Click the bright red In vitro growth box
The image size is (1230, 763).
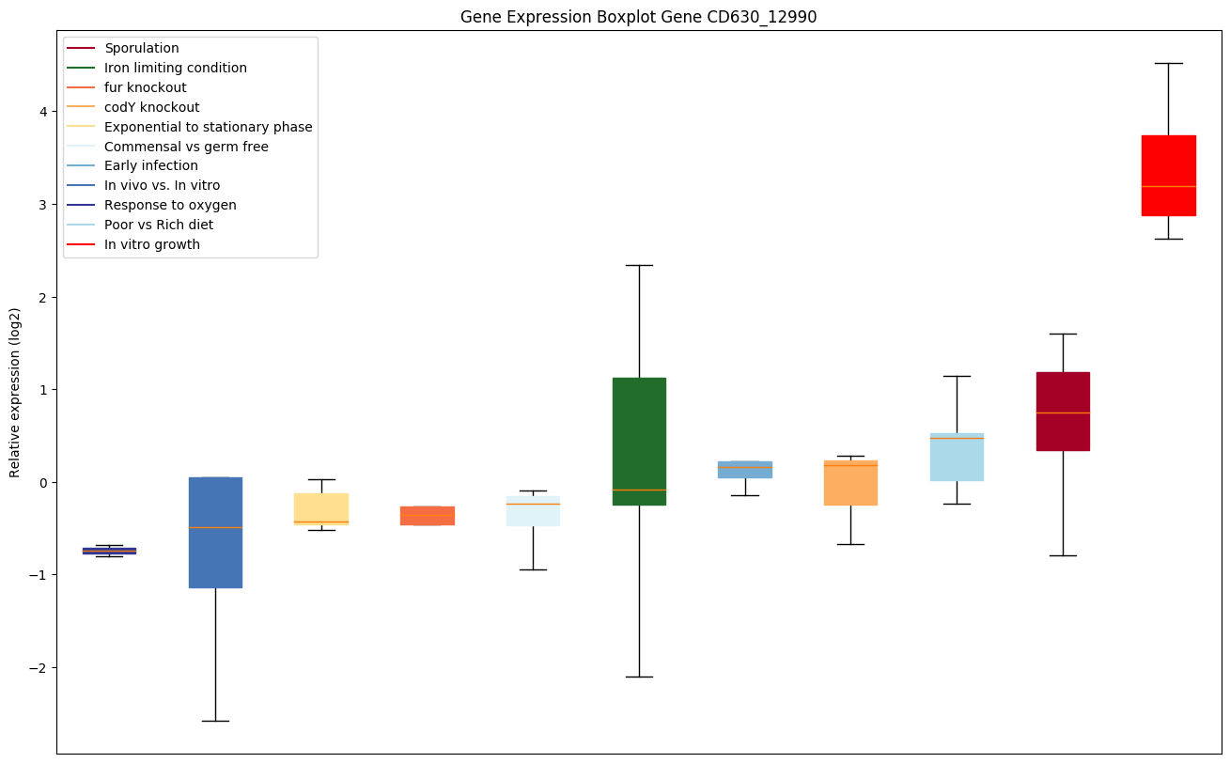click(1168, 176)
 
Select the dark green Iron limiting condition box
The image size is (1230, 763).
click(639, 441)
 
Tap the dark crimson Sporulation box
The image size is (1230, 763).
click(1063, 411)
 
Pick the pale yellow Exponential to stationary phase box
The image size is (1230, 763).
click(321, 508)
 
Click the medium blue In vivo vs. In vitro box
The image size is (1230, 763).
click(215, 532)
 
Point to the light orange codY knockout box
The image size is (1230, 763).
click(850, 482)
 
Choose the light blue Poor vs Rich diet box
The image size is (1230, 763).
click(957, 457)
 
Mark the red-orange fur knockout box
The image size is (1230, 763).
click(428, 515)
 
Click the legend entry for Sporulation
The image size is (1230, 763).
click(142, 48)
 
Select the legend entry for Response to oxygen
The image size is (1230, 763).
click(170, 205)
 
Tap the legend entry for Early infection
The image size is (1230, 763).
click(151, 165)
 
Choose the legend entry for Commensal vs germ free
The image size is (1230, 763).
click(186, 147)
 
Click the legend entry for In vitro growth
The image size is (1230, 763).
click(152, 244)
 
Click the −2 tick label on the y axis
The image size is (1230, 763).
click(38, 668)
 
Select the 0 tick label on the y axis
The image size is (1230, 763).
click(42, 483)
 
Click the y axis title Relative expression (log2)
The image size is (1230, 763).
click(15, 392)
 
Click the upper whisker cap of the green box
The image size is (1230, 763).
click(639, 265)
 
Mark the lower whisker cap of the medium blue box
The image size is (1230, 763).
click(215, 721)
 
